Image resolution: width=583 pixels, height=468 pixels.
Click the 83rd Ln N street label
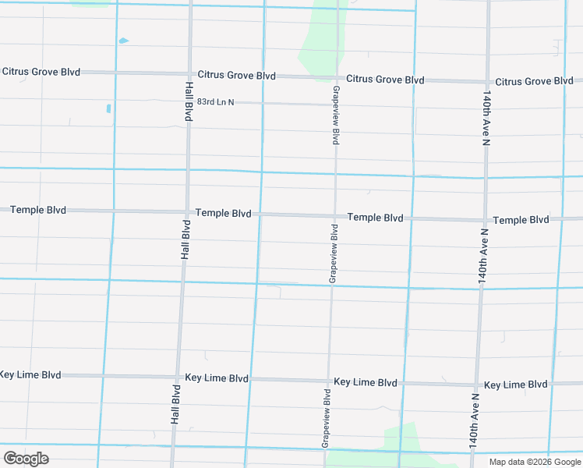pos(215,102)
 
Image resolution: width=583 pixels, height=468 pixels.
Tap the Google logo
pos(26,459)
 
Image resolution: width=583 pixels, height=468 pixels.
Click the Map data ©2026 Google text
pos(534,462)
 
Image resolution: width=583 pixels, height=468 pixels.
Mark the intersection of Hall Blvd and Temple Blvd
pos(187,212)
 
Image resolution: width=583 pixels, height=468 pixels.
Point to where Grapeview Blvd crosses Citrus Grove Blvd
pos(337,79)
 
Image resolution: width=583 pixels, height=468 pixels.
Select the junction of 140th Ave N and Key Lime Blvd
pos(476,385)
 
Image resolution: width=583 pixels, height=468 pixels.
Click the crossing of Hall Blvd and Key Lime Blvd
pos(177,378)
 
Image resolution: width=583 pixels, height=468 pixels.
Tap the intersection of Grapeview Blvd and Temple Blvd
pos(335,216)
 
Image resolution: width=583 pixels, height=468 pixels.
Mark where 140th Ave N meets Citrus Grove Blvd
pos(487,82)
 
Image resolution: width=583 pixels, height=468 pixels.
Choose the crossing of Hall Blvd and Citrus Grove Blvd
pos(189,74)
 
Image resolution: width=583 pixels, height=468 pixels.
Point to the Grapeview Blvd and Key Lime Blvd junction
pos(327,381)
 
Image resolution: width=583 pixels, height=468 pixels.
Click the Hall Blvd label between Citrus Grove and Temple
pos(189,101)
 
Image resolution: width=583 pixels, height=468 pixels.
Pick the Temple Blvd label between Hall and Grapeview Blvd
pos(224,213)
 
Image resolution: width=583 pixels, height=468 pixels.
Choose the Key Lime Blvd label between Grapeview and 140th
pos(366,383)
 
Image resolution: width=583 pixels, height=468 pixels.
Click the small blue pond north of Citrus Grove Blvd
pos(123,41)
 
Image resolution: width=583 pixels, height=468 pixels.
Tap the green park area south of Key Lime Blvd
pos(405,441)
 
